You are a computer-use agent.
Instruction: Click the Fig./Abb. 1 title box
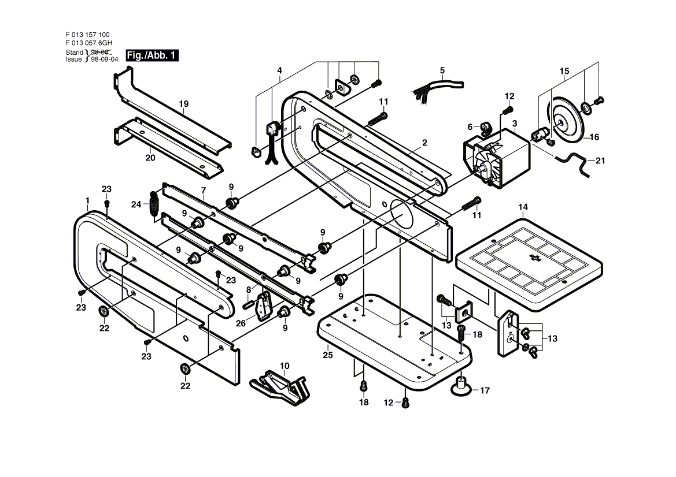pos(152,55)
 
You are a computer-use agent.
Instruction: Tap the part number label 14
pos(523,207)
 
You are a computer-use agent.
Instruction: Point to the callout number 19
pos(184,104)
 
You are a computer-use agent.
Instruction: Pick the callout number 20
pos(150,158)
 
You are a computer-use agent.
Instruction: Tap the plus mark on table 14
pos(535,258)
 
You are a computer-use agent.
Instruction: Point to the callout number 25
pos(328,355)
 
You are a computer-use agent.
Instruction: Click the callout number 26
pos(241,323)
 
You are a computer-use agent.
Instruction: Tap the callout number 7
pos(204,191)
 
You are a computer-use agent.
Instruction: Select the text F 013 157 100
pos(87,35)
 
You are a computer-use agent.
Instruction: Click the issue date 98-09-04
pos(104,59)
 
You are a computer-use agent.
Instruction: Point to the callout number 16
pos(594,137)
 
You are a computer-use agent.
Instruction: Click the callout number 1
pos(87,200)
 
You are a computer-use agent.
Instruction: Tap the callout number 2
pos(424,143)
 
